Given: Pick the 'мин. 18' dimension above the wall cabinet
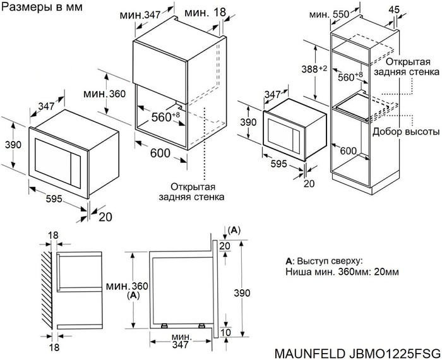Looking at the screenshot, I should (x=205, y=13).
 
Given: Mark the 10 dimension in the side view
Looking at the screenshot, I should (x=226, y=333).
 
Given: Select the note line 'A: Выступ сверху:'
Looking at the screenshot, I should (x=324, y=260).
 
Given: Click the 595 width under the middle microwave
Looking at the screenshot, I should (x=278, y=164).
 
